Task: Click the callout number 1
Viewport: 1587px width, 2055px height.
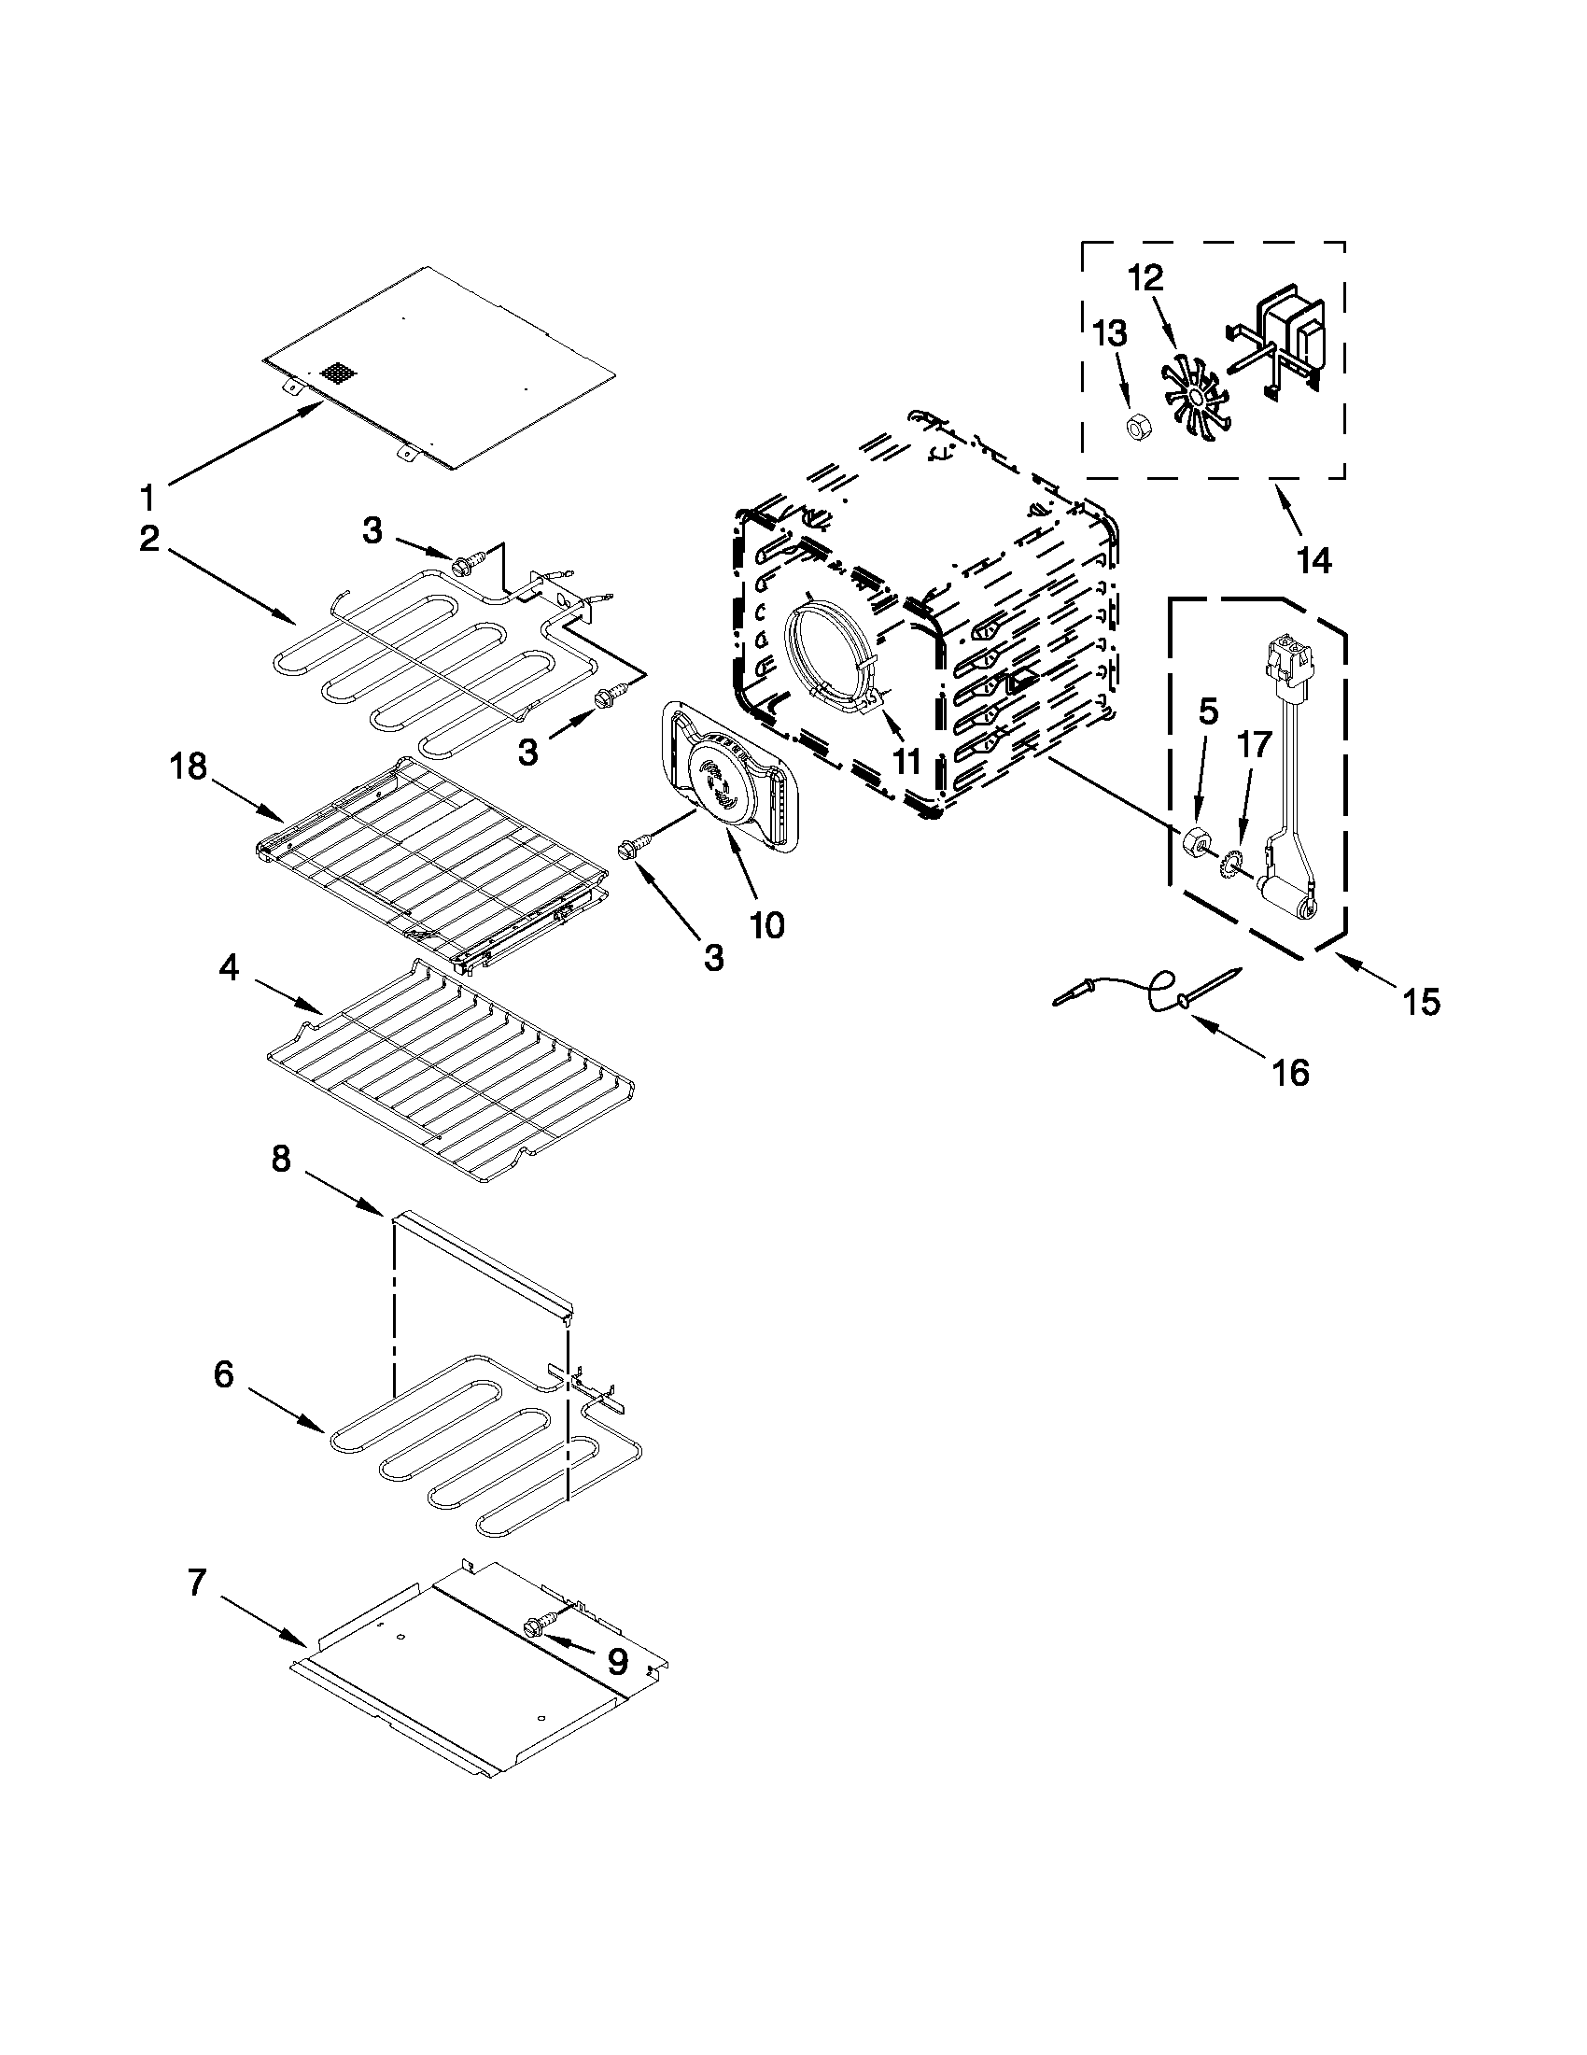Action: coord(147,495)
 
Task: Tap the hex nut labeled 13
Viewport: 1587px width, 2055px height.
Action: coord(1136,428)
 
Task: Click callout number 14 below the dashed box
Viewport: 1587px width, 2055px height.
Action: coord(1313,560)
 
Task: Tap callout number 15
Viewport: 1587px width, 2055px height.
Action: coord(1422,1003)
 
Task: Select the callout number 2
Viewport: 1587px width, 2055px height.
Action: coord(149,541)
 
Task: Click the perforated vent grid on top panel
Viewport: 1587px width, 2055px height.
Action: coord(341,373)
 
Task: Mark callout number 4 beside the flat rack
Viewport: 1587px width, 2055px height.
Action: coord(229,968)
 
